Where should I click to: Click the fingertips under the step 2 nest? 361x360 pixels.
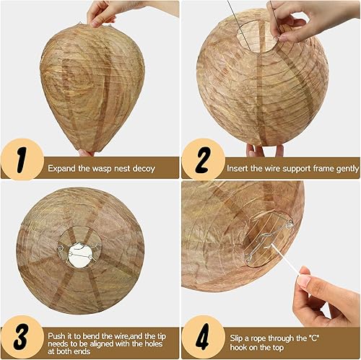[265, 150]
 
